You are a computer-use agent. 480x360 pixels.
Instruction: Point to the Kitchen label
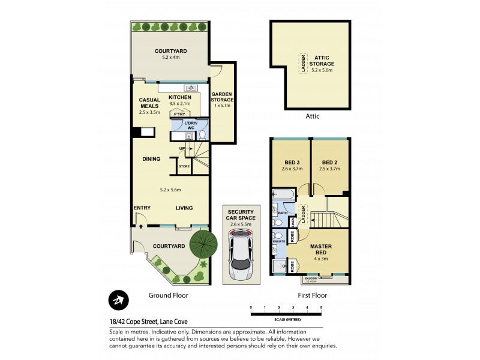click(x=179, y=97)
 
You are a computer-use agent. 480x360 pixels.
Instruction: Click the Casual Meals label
click(x=148, y=103)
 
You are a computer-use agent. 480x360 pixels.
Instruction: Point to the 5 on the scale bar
click(x=321, y=307)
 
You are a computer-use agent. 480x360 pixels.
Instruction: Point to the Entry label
click(x=142, y=208)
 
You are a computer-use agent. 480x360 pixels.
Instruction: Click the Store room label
click(x=184, y=166)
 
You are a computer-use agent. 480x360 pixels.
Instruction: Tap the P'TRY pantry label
click(x=178, y=114)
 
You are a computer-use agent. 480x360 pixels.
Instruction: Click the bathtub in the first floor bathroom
click(x=281, y=195)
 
